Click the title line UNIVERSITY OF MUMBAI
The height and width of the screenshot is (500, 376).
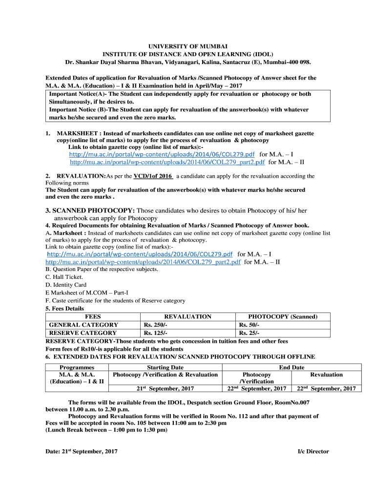[188, 45]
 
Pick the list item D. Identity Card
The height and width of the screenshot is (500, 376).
[66, 285]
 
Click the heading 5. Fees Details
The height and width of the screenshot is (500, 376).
[64, 309]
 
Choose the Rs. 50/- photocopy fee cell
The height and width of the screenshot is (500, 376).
[249, 325]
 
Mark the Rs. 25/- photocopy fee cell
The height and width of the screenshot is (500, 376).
[249, 333]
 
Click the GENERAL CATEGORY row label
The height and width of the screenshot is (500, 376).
[84, 325]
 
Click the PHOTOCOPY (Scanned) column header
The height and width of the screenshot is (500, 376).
[283, 316]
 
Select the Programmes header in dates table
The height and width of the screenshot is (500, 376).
[77, 367]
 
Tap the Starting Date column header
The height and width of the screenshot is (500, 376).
[165, 367]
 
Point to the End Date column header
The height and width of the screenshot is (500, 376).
[292, 367]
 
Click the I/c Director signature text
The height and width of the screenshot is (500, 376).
[313, 452]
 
